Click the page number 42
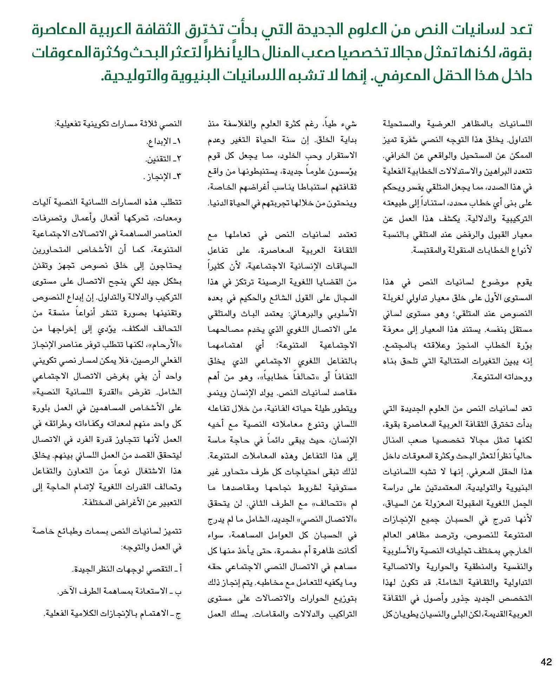click(x=546, y=662)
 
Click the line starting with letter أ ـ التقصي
click(x=127, y=568)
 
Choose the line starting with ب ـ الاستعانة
click(x=120, y=591)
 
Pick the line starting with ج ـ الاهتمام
click(x=113, y=614)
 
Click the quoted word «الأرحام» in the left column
click(x=164, y=344)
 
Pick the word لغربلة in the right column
click(x=396, y=297)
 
